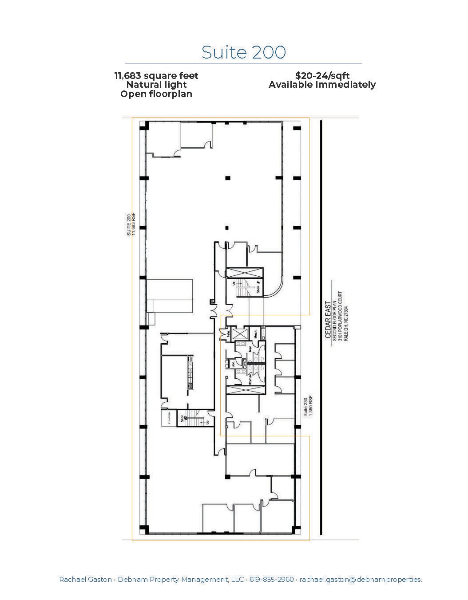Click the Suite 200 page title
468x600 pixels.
coord(243,52)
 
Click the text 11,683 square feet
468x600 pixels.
coord(156,76)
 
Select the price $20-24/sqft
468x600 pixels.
coord(322,76)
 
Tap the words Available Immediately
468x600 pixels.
coord(322,85)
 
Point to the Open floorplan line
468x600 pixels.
coord(156,94)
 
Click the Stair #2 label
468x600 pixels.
coord(182,419)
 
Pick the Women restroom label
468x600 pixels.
coord(250,378)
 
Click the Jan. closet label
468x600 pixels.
coord(233,364)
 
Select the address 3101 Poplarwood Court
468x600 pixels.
coord(340,315)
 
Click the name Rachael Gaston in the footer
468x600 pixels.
coord(85,579)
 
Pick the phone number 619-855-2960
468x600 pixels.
coord(271,579)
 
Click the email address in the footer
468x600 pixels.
coord(361,579)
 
